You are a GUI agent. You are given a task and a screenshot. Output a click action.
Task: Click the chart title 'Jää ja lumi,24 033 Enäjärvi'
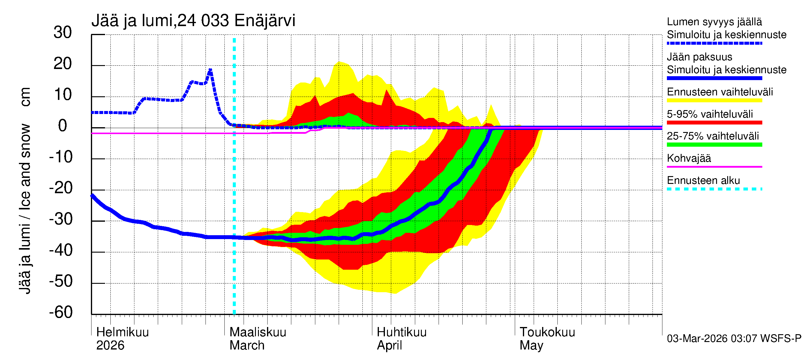coord(193,21)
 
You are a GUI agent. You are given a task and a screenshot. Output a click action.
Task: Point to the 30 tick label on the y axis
coord(63,33)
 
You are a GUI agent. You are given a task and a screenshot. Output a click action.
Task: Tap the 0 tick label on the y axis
coord(63,126)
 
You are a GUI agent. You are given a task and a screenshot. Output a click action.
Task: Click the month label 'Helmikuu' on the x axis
coord(122,332)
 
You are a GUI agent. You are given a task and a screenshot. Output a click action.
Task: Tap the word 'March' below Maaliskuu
coord(247,346)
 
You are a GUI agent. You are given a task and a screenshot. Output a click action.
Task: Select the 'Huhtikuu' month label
coord(401,332)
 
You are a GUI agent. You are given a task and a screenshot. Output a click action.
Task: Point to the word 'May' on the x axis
coord(531,346)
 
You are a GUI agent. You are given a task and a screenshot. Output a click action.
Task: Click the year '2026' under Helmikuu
coord(110,346)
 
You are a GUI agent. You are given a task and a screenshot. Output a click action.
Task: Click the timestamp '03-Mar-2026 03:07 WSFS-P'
coord(734,339)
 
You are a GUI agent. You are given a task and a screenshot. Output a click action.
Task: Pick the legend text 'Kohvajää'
coord(688,158)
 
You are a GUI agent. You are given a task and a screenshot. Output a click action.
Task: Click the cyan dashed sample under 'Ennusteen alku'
coord(714,189)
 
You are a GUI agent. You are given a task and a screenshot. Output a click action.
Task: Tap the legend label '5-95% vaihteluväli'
coord(710,114)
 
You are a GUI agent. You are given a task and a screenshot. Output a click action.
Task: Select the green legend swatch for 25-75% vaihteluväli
coord(714,145)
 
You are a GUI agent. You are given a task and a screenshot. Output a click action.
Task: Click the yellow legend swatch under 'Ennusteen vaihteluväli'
coord(714,100)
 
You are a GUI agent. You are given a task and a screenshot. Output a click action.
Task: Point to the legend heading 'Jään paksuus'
coord(699,57)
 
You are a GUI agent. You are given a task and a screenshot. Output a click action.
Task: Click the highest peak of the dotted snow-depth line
coord(210,70)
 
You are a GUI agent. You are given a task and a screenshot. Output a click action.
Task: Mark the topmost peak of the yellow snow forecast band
coord(339,61)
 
